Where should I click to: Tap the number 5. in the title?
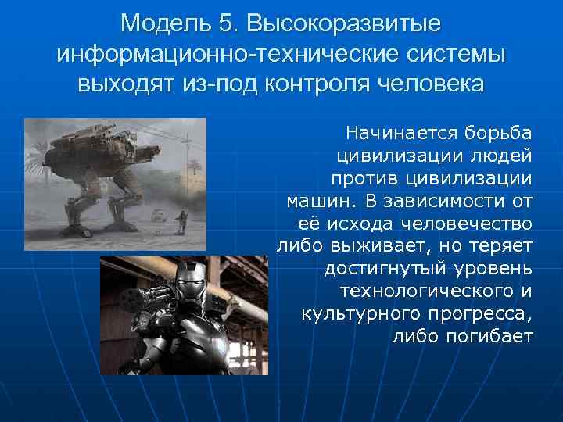[228, 23]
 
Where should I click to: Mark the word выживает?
[370, 247]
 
